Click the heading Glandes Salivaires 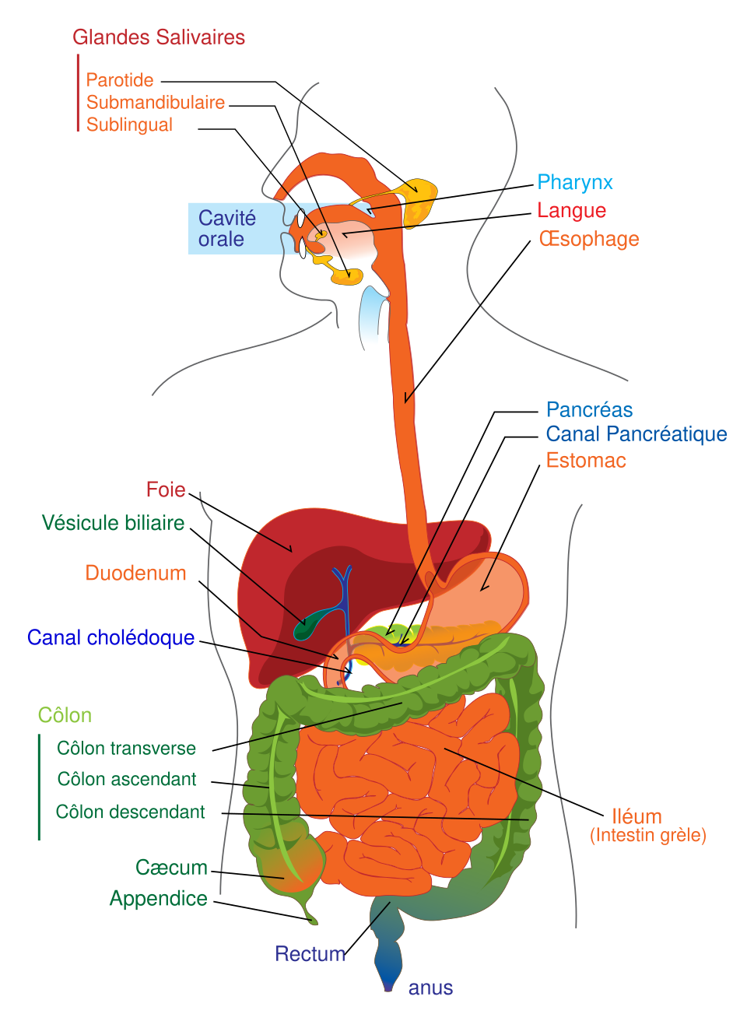[159, 37]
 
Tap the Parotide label [120, 80]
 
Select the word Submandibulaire [155, 102]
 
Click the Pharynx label [575, 183]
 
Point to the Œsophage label [589, 239]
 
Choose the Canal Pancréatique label [637, 434]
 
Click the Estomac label [586, 460]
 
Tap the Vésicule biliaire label [113, 523]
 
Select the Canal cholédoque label [110, 637]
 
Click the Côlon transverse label [126, 748]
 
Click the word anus [430, 988]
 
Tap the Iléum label [637, 816]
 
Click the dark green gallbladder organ [315, 623]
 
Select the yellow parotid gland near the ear [419, 202]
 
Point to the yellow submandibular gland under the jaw [347, 275]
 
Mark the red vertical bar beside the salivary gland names [78, 93]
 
